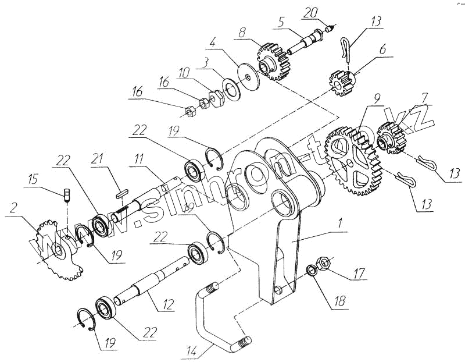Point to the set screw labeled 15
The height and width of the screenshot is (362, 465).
click(x=66, y=194)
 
